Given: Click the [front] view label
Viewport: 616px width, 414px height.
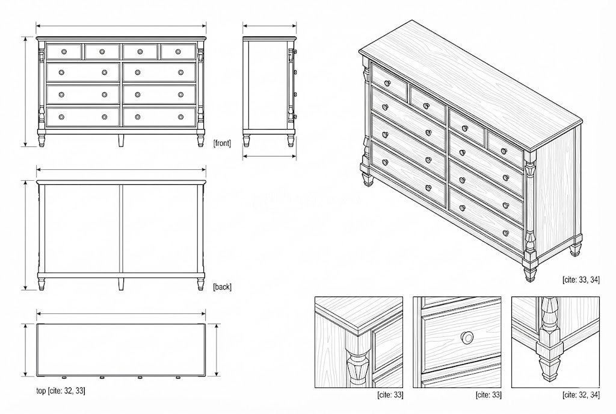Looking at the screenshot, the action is (x=222, y=143).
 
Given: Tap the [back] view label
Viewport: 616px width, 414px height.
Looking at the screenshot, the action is (x=223, y=287).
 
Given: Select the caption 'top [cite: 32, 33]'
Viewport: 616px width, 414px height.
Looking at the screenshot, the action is (x=61, y=390).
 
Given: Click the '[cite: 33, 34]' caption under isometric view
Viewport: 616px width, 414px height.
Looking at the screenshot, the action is (x=581, y=280).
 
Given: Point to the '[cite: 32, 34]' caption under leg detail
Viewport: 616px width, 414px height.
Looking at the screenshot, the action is (x=581, y=395).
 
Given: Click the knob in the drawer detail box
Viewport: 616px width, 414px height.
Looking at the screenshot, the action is (x=467, y=337).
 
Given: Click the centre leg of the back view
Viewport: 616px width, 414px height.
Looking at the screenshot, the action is (x=121, y=284).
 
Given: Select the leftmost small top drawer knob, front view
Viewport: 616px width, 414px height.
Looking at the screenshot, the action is (x=64, y=52).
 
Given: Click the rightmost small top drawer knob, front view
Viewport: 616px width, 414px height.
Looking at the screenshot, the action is (x=178, y=52).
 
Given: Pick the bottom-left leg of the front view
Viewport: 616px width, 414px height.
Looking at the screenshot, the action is (x=42, y=141).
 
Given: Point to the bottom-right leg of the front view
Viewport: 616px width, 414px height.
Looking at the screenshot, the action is (x=201, y=141).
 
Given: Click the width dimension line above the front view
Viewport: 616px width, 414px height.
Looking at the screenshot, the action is (x=121, y=27).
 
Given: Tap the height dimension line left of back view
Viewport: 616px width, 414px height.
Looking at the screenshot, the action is (x=26, y=236).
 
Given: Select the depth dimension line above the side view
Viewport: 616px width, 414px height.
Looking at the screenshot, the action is (x=269, y=27).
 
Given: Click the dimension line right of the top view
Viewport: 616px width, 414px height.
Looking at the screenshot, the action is (x=217, y=350).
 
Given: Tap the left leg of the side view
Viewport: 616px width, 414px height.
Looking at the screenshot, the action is (x=247, y=141).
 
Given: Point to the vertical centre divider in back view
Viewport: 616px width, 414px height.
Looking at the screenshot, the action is (x=121, y=228).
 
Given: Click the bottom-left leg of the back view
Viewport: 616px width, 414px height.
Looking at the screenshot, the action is (x=42, y=284).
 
